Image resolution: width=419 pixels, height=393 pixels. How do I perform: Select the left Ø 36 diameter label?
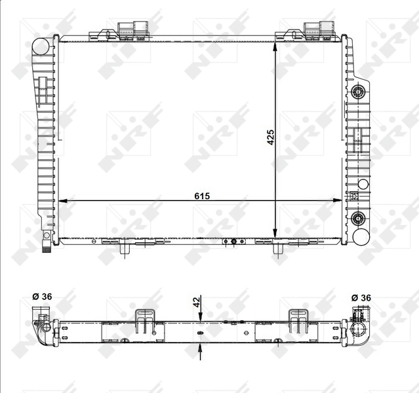click(x=42, y=297)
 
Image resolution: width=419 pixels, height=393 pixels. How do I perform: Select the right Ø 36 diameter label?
click(x=362, y=297)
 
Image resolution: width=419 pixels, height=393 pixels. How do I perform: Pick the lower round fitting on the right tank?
click(x=357, y=218)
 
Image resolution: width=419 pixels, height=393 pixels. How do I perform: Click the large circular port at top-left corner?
click(x=42, y=47)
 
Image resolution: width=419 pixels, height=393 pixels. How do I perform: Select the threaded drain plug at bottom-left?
click(x=47, y=246)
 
